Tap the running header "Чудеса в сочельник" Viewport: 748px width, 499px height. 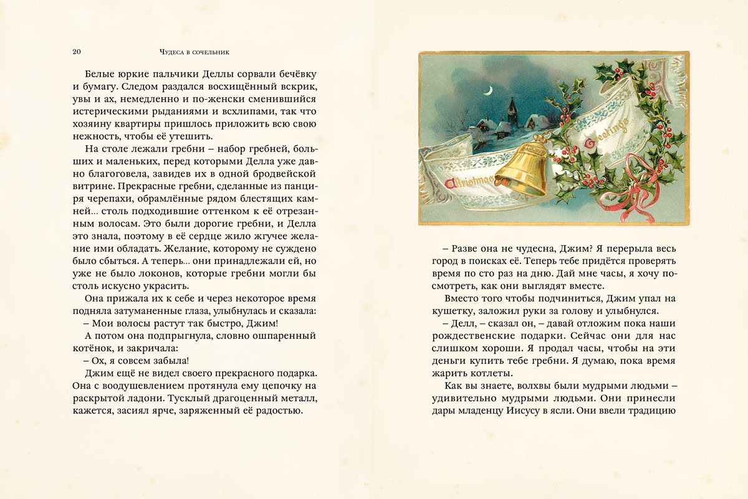click(x=191, y=51)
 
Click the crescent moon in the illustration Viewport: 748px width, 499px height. click(x=489, y=90)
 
